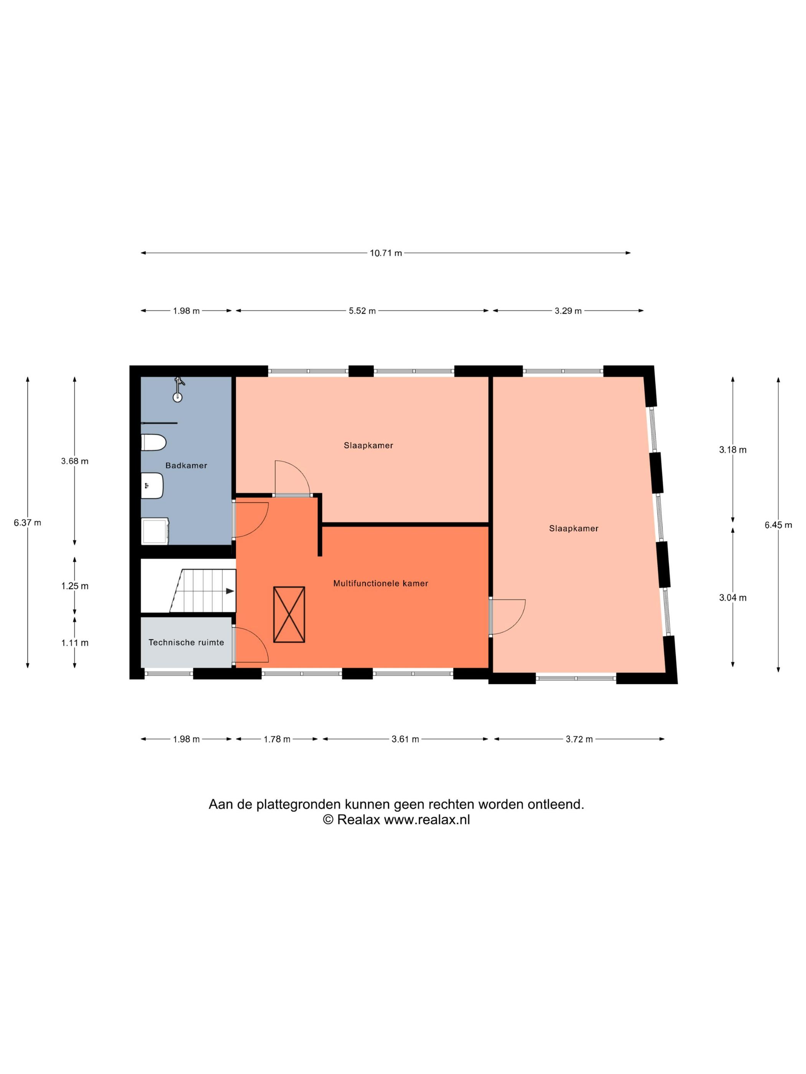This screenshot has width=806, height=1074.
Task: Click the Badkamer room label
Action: pos(186,466)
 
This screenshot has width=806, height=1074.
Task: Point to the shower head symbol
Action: pos(179,389)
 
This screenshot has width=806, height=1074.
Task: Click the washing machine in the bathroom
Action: pos(155,531)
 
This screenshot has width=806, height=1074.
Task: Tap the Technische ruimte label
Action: pos(186,642)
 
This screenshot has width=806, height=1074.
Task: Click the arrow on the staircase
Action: pos(230,591)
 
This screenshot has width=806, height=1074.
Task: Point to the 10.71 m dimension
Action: pos(386,253)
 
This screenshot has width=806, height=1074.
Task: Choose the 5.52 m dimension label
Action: pos(362,311)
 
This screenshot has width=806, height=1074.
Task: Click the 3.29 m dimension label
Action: pos(568,311)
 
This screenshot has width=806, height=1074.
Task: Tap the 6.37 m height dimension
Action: pos(27,523)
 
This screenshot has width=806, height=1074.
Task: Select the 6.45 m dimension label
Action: pos(778,525)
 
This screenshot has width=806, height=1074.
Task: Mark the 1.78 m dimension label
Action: pos(277,740)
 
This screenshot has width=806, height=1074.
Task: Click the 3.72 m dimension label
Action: pos(579,740)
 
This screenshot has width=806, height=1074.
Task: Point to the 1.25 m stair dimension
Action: pos(75,586)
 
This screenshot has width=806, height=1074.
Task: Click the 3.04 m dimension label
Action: pos(733,598)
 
